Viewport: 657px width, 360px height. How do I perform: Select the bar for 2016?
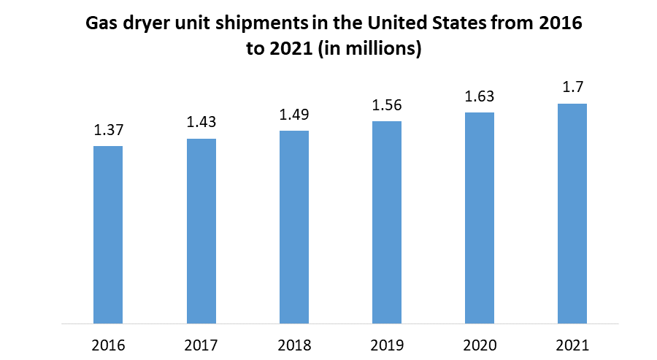(x=108, y=234)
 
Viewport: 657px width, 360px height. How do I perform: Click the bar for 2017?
(x=201, y=231)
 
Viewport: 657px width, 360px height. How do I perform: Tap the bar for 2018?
(x=294, y=227)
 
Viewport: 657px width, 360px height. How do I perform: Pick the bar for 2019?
(x=387, y=222)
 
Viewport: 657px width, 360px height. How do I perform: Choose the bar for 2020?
(x=480, y=218)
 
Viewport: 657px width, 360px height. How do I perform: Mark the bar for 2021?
(x=572, y=213)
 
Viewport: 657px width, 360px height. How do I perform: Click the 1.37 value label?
(x=108, y=131)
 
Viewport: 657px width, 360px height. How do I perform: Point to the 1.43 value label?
(x=201, y=123)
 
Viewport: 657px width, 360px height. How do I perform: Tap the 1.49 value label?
(x=294, y=115)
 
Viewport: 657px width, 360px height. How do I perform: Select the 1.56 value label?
(x=387, y=105)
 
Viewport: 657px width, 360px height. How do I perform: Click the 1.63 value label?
(x=480, y=96)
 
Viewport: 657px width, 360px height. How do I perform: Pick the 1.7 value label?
(x=572, y=88)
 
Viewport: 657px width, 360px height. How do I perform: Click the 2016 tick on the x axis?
(x=108, y=345)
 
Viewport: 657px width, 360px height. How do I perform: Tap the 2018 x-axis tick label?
(x=294, y=345)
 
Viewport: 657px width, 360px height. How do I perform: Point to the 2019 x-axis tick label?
(x=387, y=345)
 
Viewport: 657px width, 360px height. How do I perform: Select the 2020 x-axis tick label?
(x=480, y=345)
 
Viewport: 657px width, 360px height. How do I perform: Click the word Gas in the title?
(x=101, y=23)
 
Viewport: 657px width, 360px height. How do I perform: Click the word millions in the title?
(x=384, y=50)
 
